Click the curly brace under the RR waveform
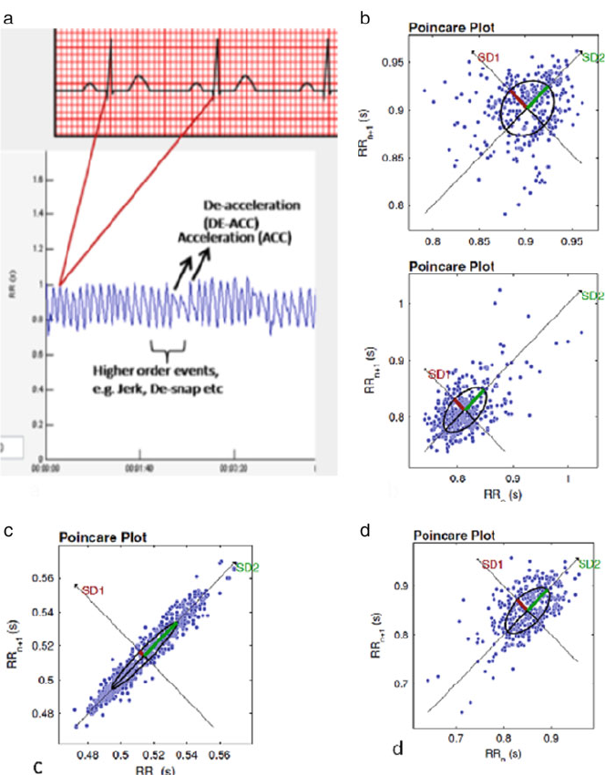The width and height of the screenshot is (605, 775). click(x=168, y=347)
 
